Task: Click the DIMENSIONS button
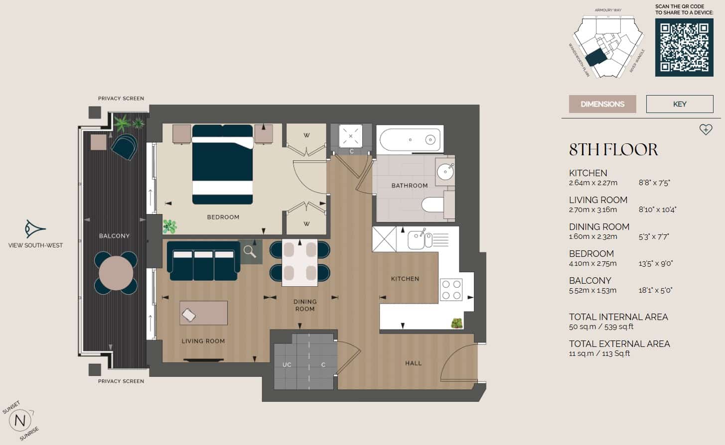coord(602,104)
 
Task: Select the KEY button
coord(679,104)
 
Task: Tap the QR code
coord(684,48)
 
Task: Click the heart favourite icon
coord(706,129)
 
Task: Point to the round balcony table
coord(116,273)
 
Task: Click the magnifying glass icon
coord(250,252)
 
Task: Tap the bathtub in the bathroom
coord(410,140)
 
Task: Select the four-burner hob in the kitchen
coord(451,290)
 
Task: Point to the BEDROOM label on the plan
coord(223,217)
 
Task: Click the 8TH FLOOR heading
coord(613,149)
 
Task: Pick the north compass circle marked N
coord(20,421)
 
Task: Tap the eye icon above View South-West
coord(35,229)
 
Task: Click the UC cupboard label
coord(287,365)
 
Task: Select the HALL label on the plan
coord(413,363)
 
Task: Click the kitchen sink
coord(418,240)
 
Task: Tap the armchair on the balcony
coord(124,146)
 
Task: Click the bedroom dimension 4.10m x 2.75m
coord(592,263)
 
